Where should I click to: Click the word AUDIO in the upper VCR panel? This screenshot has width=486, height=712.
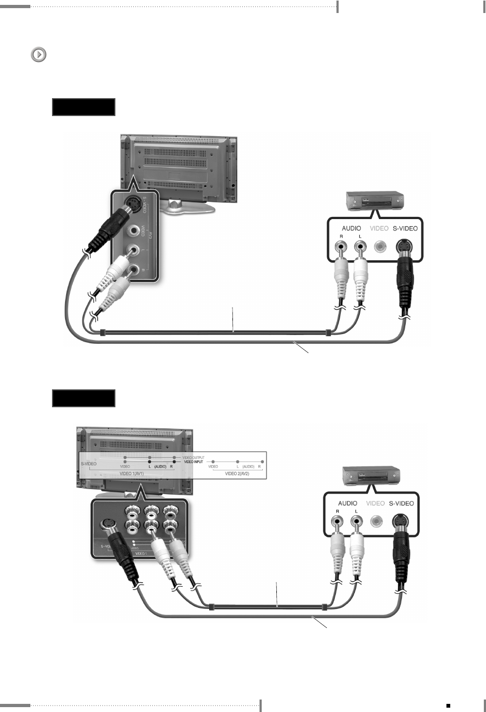point(349,228)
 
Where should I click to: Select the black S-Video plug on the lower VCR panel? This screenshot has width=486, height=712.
point(401,553)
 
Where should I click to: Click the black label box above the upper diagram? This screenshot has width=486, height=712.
point(83,107)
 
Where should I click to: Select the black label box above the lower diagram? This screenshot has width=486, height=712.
point(83,399)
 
